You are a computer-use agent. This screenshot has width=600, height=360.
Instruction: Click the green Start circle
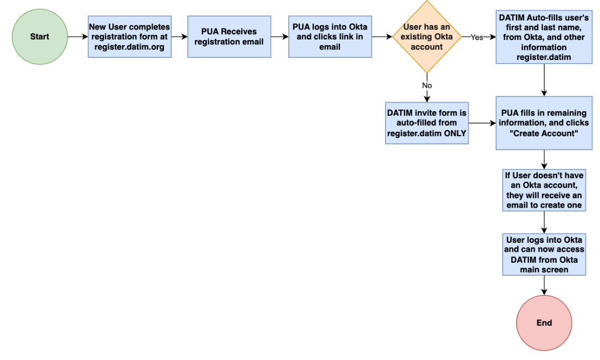click(x=39, y=37)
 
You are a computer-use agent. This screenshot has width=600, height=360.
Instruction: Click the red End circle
click(x=544, y=323)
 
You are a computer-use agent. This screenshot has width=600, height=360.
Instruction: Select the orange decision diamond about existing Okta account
click(x=427, y=37)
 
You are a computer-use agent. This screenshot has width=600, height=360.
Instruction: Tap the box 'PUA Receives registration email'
click(x=229, y=37)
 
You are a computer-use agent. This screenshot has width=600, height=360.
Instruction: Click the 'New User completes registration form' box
click(x=129, y=37)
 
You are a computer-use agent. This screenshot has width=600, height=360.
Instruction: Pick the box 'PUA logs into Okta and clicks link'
click(x=330, y=37)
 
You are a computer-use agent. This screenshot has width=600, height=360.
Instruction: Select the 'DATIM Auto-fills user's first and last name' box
click(x=544, y=37)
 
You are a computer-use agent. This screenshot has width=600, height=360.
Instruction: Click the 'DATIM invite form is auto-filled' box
click(x=427, y=123)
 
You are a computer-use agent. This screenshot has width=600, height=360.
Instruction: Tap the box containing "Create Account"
click(x=544, y=123)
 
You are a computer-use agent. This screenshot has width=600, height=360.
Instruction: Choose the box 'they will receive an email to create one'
click(x=544, y=190)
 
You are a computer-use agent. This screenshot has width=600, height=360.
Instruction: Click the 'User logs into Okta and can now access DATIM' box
click(x=544, y=254)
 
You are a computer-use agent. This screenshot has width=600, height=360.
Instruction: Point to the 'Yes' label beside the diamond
click(x=477, y=37)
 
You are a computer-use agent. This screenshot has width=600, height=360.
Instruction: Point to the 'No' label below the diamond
click(x=427, y=86)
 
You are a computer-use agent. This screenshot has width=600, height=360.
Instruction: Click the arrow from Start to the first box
click(x=77, y=37)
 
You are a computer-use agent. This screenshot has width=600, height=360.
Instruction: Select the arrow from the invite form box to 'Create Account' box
click(x=482, y=123)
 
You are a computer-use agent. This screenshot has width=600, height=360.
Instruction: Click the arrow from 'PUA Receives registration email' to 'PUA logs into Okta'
click(x=279, y=37)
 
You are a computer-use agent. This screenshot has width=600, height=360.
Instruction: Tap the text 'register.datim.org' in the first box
click(x=129, y=47)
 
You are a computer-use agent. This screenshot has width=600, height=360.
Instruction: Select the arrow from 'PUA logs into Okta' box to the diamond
click(x=382, y=37)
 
